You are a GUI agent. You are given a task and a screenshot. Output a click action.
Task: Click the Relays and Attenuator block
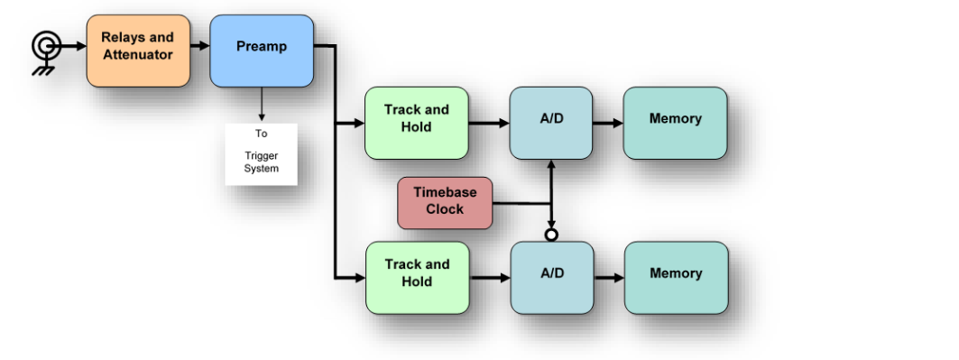(138, 51)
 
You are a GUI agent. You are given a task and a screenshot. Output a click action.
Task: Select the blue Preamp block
(262, 51)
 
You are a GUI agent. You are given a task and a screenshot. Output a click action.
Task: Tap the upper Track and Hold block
(416, 123)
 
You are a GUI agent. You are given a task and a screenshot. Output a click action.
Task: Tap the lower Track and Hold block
(417, 277)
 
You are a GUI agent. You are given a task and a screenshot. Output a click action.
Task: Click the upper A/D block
(550, 123)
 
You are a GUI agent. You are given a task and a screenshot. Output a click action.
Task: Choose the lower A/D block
(551, 277)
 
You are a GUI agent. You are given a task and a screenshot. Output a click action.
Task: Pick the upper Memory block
(675, 123)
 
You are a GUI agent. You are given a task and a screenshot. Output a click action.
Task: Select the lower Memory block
(676, 277)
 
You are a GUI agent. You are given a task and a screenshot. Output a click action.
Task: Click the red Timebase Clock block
(445, 202)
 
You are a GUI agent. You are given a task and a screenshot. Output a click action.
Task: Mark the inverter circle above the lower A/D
(551, 235)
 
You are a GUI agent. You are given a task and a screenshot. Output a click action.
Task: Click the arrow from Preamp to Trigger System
(262, 105)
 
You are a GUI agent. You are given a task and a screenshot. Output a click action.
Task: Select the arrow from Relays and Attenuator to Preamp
(200, 44)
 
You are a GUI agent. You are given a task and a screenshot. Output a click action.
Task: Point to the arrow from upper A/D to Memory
(608, 122)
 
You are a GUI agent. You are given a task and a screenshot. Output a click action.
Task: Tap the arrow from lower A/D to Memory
(609, 277)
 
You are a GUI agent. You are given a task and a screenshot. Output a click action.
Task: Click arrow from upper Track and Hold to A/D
(489, 122)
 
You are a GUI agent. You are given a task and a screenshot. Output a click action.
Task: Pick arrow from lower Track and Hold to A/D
(490, 277)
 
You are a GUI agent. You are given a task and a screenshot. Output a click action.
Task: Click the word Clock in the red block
(445, 209)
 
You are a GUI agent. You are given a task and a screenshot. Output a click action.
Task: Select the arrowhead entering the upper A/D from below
(551, 165)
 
